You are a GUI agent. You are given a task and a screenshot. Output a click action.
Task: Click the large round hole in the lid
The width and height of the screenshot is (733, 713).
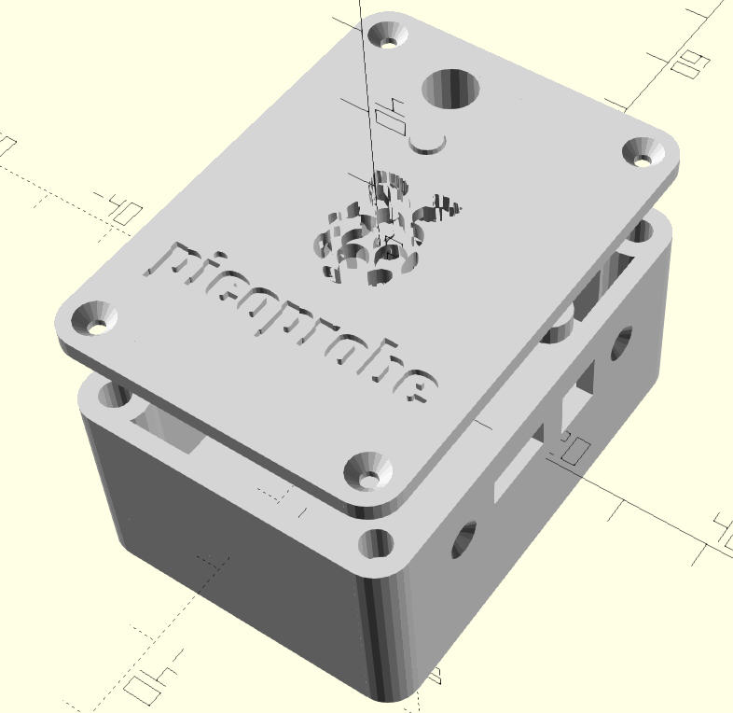click(450, 90)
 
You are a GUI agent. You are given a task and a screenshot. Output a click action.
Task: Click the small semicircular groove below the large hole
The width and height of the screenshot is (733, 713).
click(430, 144)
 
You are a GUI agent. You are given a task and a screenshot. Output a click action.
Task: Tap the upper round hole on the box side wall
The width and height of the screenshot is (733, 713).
click(621, 343)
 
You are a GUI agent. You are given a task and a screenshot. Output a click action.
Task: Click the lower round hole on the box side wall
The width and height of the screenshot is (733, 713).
click(463, 538)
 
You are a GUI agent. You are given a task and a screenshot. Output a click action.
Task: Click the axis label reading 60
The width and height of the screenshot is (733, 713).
click(689, 66)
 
